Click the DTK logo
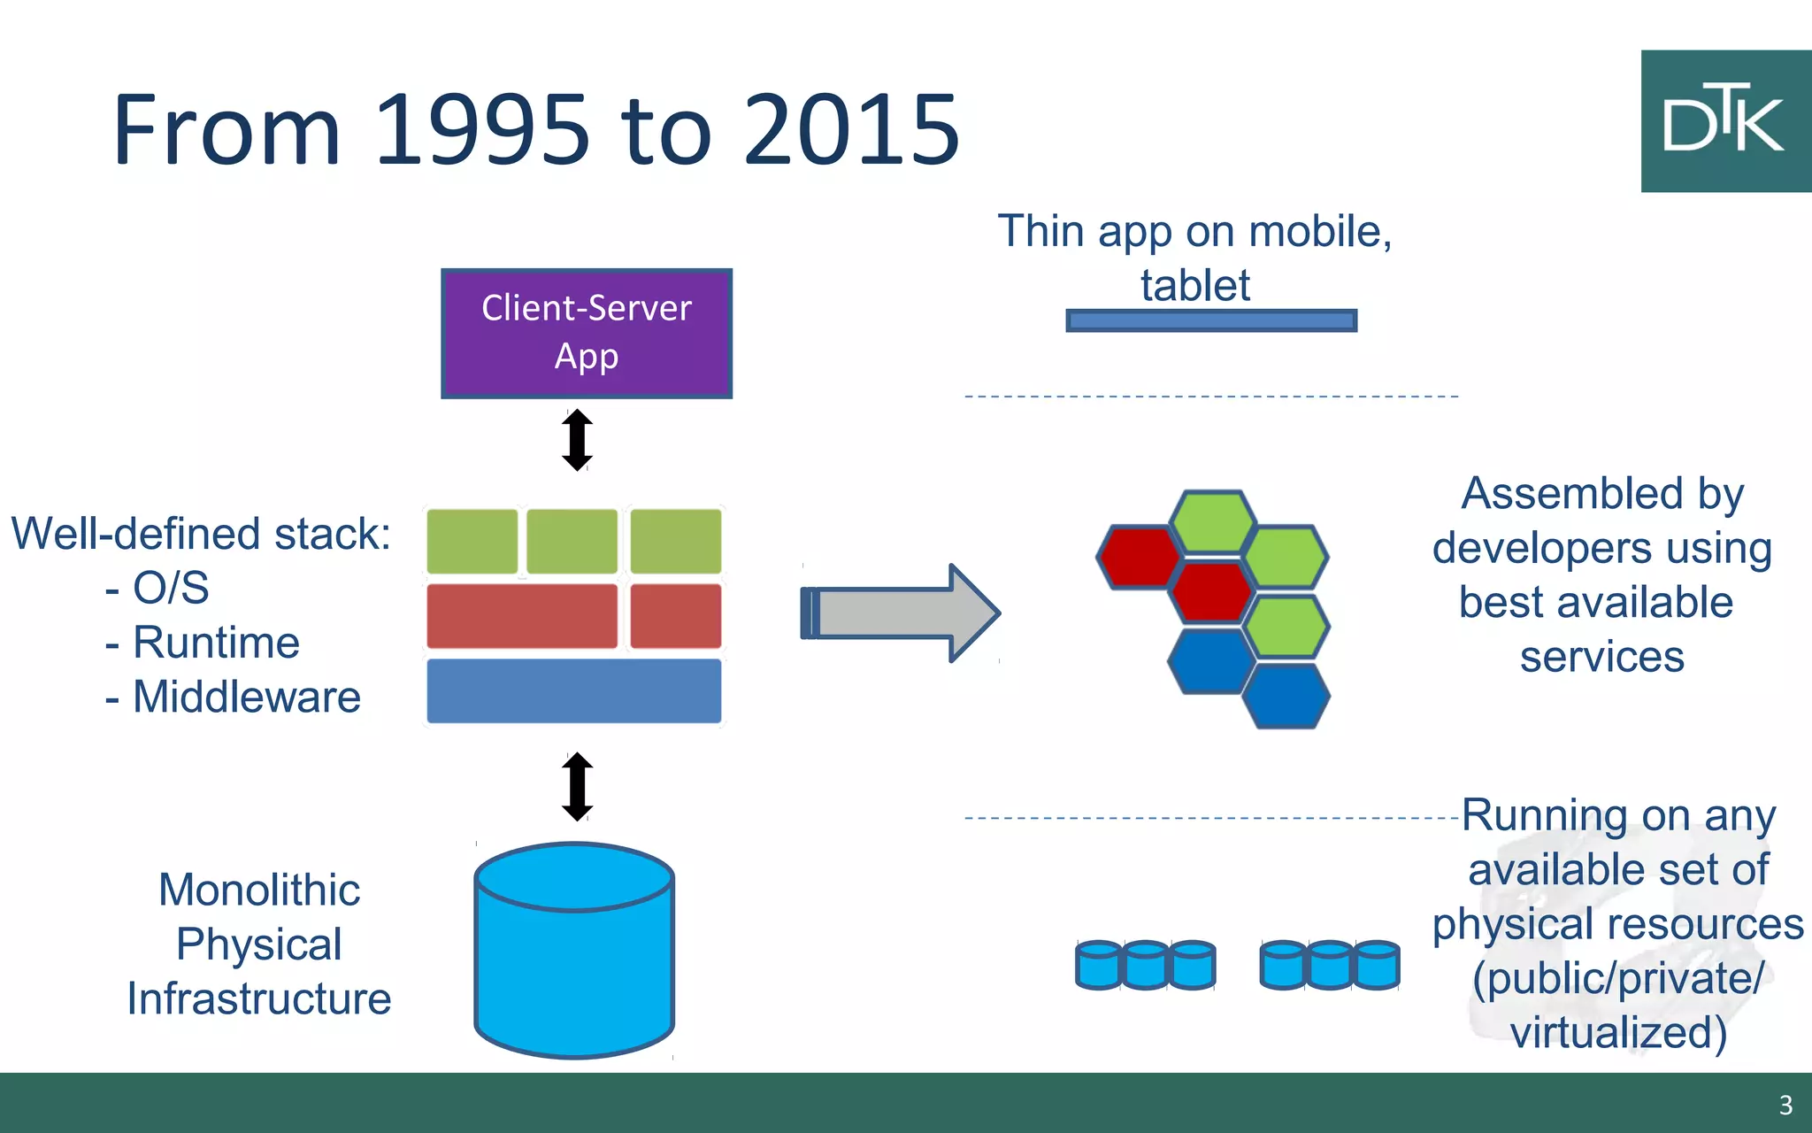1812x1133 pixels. pos(1724,121)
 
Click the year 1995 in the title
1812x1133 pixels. pos(481,130)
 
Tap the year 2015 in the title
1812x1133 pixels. pos(851,130)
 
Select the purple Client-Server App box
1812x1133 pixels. pos(587,334)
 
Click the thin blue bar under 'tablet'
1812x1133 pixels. pos(1211,320)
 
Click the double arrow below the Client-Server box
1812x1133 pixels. pos(577,440)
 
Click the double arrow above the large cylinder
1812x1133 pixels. pos(577,786)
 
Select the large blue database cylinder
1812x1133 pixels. pos(574,952)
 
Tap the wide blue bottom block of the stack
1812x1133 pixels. pos(573,691)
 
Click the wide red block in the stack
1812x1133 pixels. pos(522,616)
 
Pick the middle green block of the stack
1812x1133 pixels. pos(572,541)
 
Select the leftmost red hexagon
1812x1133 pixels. pos(1140,557)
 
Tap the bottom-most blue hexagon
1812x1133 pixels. pos(1286,696)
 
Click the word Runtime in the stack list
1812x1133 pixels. pos(216,643)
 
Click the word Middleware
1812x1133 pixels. pos(247,698)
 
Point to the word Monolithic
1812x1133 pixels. pos(259,890)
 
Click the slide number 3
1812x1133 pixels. pos(1785,1105)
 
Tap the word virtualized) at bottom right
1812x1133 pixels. pos(1618,1033)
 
